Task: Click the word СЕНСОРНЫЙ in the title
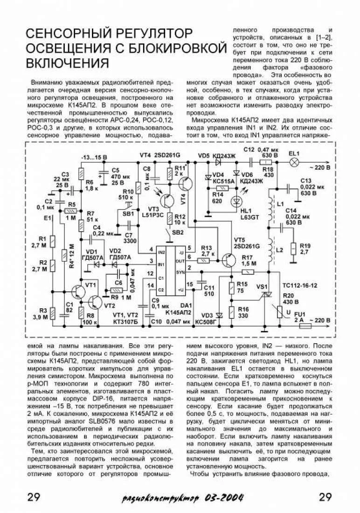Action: point(67,35)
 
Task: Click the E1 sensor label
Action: point(47,217)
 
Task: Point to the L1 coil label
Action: point(280,204)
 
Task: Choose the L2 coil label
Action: point(280,250)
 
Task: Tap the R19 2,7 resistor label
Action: point(305,249)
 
